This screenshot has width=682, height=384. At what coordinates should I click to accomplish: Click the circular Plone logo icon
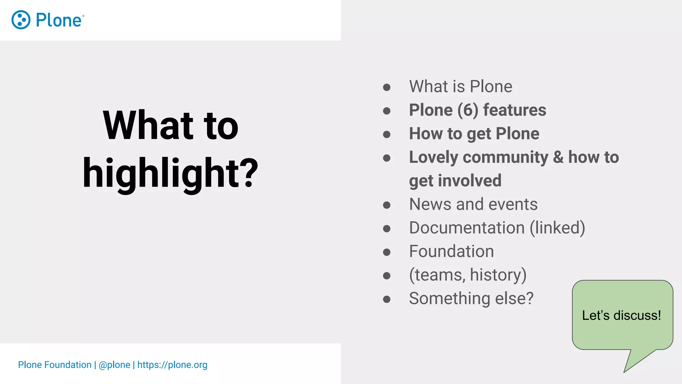pyautogui.click(x=21, y=20)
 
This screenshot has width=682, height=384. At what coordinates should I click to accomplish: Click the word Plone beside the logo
pyautogui.click(x=59, y=20)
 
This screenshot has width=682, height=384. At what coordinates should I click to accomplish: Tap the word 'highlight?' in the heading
pyautogui.click(x=170, y=173)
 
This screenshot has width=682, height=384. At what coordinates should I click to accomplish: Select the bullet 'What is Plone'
pyautogui.click(x=461, y=87)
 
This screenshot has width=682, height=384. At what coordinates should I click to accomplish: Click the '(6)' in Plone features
pyautogui.click(x=468, y=110)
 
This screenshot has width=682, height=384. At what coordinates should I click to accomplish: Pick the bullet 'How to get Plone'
pyautogui.click(x=474, y=134)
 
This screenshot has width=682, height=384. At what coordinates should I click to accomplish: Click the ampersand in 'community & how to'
pyautogui.click(x=558, y=157)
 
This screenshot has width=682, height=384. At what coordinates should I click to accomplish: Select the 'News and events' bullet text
pyautogui.click(x=473, y=204)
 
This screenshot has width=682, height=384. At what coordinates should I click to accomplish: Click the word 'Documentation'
pyautogui.click(x=467, y=228)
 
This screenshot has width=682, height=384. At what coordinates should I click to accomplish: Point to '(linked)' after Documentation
pyautogui.click(x=557, y=228)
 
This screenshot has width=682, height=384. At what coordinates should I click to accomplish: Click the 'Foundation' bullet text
pyautogui.click(x=451, y=251)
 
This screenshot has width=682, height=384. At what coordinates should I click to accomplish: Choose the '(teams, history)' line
pyautogui.click(x=468, y=275)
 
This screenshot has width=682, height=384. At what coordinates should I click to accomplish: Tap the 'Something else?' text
pyautogui.click(x=471, y=298)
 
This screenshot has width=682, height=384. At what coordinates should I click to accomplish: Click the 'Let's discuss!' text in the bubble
pyautogui.click(x=621, y=315)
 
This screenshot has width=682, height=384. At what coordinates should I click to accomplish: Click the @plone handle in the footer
pyautogui.click(x=114, y=365)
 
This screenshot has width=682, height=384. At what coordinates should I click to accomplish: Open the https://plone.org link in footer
pyautogui.click(x=172, y=365)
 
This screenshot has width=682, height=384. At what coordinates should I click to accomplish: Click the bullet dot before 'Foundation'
pyautogui.click(x=387, y=252)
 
